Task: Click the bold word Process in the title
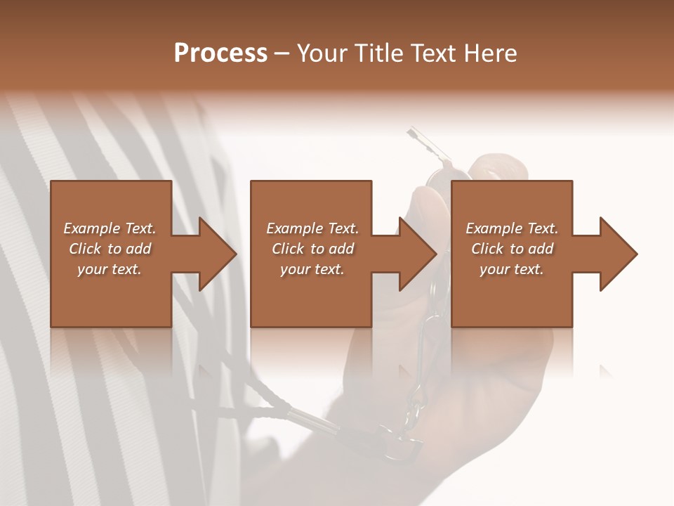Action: click(x=220, y=53)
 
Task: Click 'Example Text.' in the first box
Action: click(x=110, y=228)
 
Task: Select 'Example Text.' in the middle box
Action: click(x=312, y=228)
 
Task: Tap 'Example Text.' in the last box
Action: click(x=512, y=228)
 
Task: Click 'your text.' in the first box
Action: click(x=110, y=269)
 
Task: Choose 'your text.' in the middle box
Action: click(x=312, y=269)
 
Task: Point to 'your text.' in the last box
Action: click(x=512, y=269)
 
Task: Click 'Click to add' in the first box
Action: click(x=110, y=249)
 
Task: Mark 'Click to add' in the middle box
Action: click(x=312, y=249)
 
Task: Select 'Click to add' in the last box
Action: click(x=512, y=249)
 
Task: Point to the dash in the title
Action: click(x=282, y=53)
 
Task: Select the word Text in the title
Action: click(x=432, y=53)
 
